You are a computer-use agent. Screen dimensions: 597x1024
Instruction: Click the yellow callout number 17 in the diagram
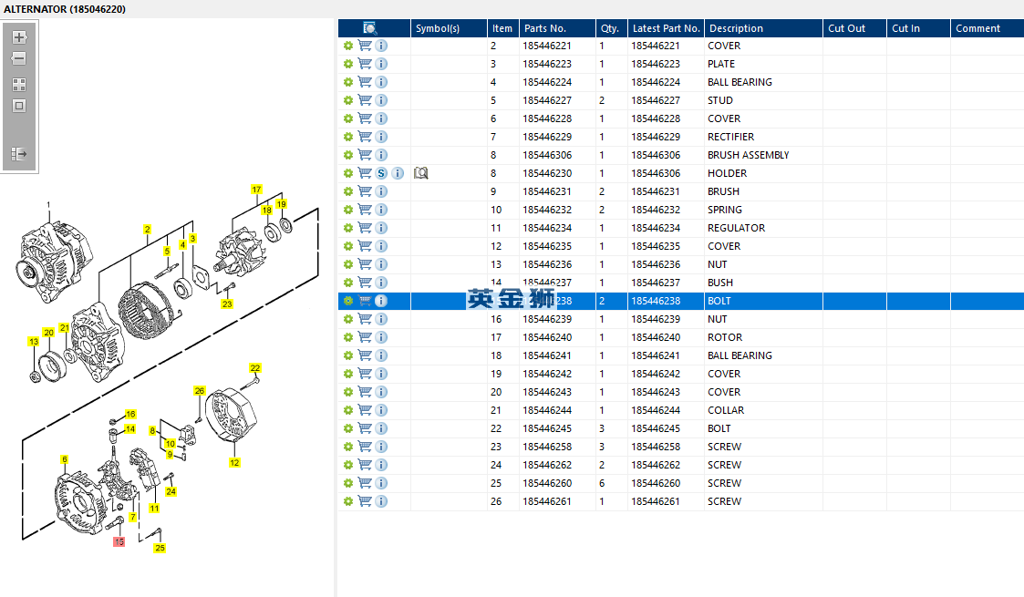coord(256,190)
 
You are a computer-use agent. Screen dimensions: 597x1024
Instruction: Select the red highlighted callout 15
coord(119,541)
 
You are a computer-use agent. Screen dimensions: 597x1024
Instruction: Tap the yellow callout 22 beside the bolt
coord(255,368)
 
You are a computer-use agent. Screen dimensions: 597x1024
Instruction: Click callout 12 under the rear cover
coord(234,462)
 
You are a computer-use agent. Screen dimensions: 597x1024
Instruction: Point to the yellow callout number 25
coord(160,548)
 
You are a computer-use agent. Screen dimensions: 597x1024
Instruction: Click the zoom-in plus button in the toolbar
coord(18,37)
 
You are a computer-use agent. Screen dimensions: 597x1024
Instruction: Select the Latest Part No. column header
coord(666,28)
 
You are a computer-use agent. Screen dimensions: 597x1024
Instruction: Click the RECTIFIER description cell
coord(730,137)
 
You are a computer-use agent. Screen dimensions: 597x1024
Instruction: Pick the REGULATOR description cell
coord(736,228)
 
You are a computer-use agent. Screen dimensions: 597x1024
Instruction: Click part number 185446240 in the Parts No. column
coord(547,337)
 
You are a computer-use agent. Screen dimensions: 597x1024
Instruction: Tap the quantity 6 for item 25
coord(602,483)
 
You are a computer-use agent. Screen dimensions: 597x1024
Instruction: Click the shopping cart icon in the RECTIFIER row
coord(365,137)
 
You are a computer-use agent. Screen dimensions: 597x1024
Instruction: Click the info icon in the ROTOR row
coord(381,337)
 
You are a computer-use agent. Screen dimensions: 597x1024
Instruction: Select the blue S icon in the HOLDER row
coord(381,173)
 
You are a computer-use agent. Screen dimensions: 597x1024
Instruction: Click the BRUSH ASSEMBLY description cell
coord(748,155)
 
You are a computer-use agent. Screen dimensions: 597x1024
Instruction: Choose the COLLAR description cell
coord(725,410)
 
